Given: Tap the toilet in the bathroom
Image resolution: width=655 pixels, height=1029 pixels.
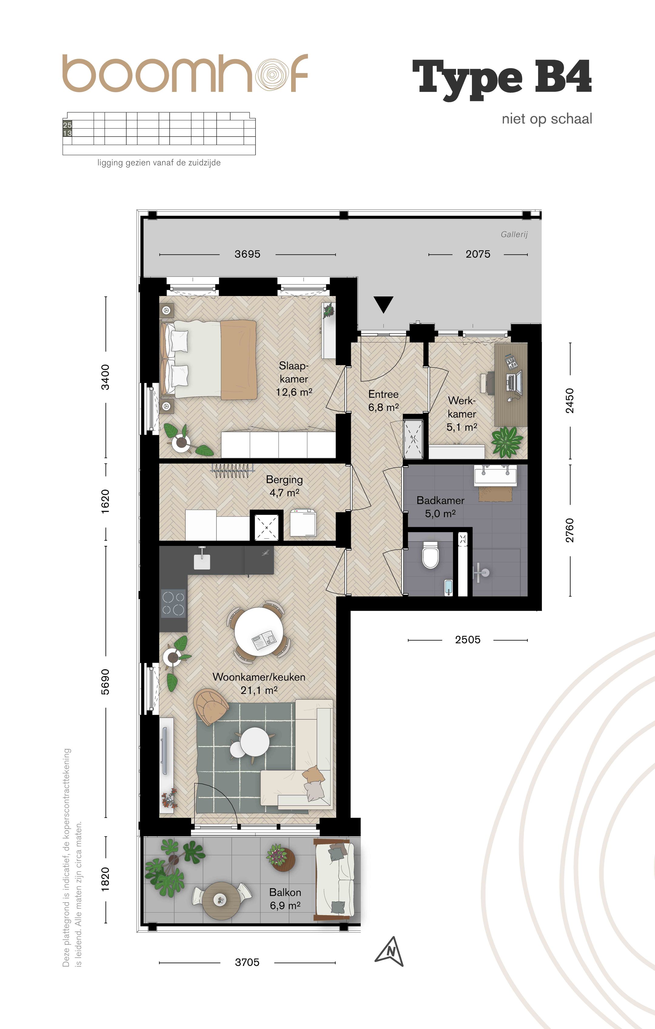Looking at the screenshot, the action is pos(430,555).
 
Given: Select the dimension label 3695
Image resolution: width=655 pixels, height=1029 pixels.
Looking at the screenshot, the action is pos(247,254).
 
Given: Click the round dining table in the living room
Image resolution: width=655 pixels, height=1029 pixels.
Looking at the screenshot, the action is pos(258,629).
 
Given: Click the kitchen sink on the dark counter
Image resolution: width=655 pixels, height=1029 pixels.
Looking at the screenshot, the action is pos(202,561).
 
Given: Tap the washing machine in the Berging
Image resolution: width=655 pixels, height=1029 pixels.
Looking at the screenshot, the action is pos(303,523).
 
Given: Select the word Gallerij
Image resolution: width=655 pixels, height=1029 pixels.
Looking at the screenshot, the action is pos(514,234).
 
